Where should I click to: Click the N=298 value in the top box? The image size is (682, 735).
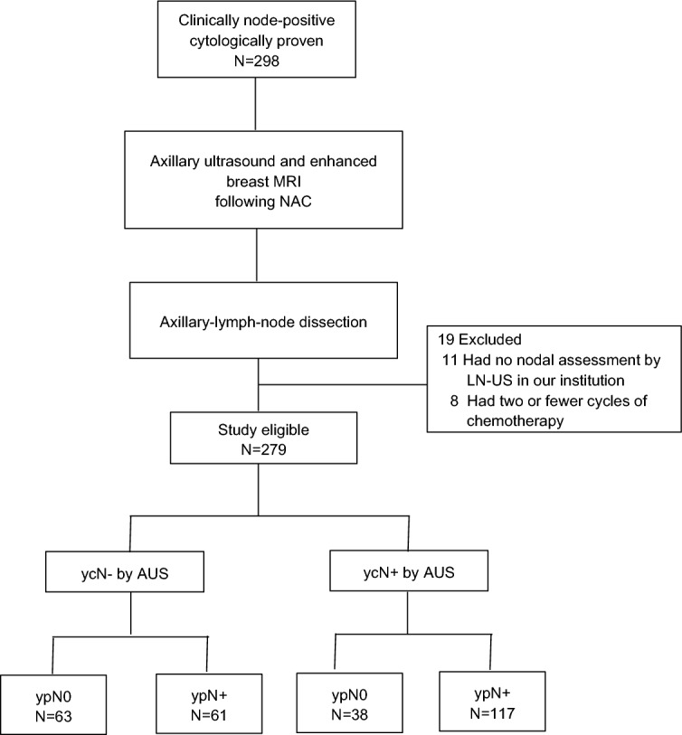(x=260, y=61)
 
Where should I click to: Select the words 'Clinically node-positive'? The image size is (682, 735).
(x=259, y=21)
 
